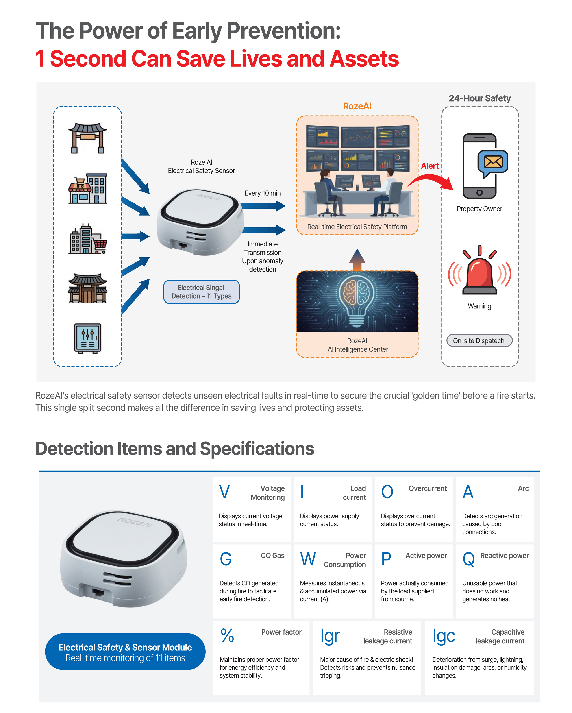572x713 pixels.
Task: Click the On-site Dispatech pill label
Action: (479, 341)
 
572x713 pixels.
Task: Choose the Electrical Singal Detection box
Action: (201, 292)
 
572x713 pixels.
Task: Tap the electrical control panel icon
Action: (88, 338)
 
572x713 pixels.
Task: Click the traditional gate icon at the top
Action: (88, 138)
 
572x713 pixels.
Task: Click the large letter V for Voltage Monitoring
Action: (224, 492)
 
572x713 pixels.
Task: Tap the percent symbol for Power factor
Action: (228, 636)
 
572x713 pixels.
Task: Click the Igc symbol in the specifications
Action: (444, 637)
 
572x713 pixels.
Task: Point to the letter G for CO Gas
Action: (226, 559)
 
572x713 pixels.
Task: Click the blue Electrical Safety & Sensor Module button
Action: (125, 652)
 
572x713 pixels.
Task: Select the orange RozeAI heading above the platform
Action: (357, 106)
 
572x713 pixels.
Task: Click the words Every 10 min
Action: (263, 193)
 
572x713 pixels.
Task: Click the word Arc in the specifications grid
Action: (523, 488)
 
